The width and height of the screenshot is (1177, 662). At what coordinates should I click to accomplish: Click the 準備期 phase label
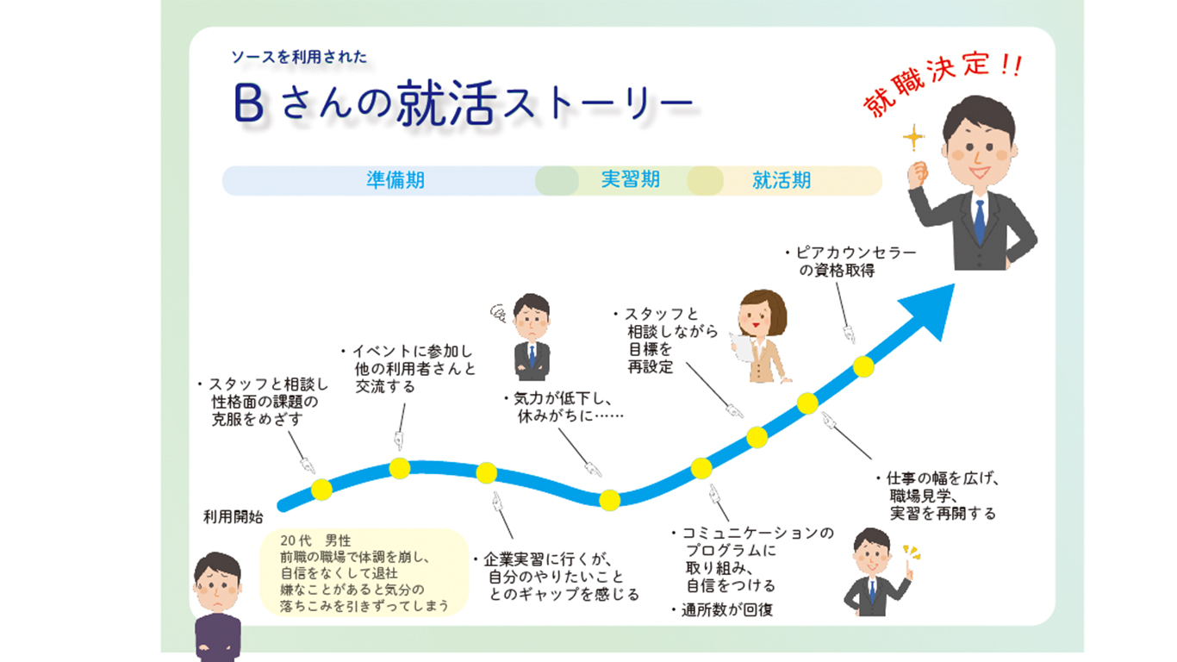point(395,180)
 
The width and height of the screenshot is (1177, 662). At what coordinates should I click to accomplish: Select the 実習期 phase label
point(630,180)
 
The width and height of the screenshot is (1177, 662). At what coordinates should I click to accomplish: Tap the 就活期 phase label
point(782,180)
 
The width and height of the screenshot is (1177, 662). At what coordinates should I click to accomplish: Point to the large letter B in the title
point(248,103)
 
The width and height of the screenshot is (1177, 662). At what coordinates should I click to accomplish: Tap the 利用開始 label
point(233,517)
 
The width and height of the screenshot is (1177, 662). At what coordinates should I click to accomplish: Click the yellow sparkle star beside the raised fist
point(913,138)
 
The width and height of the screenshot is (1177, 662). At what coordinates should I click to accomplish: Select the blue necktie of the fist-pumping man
point(980,222)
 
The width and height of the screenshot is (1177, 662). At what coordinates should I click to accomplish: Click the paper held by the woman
point(743,348)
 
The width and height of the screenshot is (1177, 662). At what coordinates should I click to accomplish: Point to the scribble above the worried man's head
point(498,314)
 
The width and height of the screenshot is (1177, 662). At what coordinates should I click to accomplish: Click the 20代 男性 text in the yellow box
point(315,540)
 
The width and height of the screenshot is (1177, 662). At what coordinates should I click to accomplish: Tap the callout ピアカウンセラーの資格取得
point(851,261)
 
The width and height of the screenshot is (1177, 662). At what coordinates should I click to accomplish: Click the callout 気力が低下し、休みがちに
point(564,407)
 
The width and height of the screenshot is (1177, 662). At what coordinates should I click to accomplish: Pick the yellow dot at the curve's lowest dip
point(609,500)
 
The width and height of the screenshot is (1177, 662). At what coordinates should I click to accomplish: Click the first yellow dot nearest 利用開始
point(321,490)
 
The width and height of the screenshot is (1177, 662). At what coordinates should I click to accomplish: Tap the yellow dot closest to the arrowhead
point(863,366)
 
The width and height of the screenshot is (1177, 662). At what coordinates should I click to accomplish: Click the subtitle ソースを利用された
point(299,57)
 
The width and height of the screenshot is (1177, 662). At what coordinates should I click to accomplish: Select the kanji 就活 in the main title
point(446,103)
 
